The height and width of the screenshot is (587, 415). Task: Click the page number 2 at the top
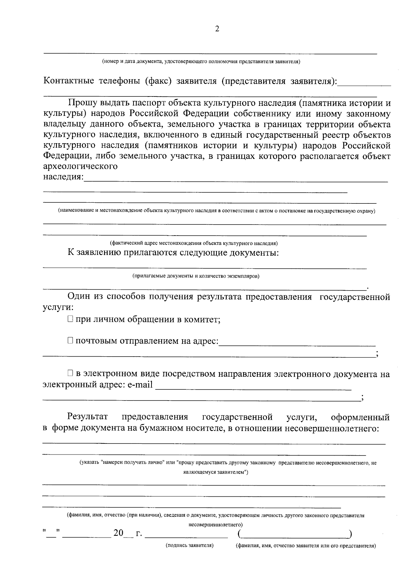217,29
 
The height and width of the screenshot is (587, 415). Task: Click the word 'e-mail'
140,385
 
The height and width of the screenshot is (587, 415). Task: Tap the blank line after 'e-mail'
253,388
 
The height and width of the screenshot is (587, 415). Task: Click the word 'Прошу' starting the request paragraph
82,103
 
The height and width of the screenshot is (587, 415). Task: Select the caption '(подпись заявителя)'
190,545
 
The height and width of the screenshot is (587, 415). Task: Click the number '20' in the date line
118,533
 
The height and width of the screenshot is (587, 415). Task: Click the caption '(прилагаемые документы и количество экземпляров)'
196,276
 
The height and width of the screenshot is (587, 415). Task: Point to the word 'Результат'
88,417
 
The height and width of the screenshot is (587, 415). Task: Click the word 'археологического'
80,166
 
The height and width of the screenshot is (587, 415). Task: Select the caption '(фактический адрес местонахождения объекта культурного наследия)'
194,243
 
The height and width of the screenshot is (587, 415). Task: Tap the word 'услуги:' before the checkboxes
58,308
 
